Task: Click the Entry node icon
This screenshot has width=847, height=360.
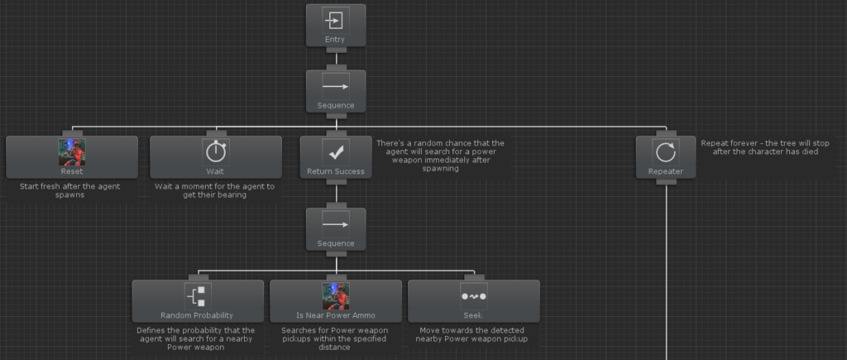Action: coord(336,21)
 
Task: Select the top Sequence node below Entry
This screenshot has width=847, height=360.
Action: coord(336,91)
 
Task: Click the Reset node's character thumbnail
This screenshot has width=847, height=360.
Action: coord(72,152)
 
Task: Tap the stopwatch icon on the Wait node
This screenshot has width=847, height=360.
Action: coord(216,152)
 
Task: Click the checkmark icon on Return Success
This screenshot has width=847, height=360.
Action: coord(336,152)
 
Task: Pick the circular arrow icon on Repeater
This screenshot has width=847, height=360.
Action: coord(666,152)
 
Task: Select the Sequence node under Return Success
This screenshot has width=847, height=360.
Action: coord(336,229)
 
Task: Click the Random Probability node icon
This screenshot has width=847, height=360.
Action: coord(198,296)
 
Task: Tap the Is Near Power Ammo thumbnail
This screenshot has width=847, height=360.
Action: coord(336,296)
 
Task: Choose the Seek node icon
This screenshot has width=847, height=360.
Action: coord(474,296)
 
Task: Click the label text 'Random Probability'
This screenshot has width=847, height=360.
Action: coord(197,315)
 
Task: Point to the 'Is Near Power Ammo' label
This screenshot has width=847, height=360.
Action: coord(336,315)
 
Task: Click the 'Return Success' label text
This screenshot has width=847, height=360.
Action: coord(336,171)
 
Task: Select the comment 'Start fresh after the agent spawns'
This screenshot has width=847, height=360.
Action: coord(70,190)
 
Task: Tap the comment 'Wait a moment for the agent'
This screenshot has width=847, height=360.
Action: coord(215,190)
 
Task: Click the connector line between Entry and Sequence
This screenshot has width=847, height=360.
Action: coord(336,59)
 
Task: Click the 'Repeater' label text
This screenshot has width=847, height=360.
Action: coord(666,171)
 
